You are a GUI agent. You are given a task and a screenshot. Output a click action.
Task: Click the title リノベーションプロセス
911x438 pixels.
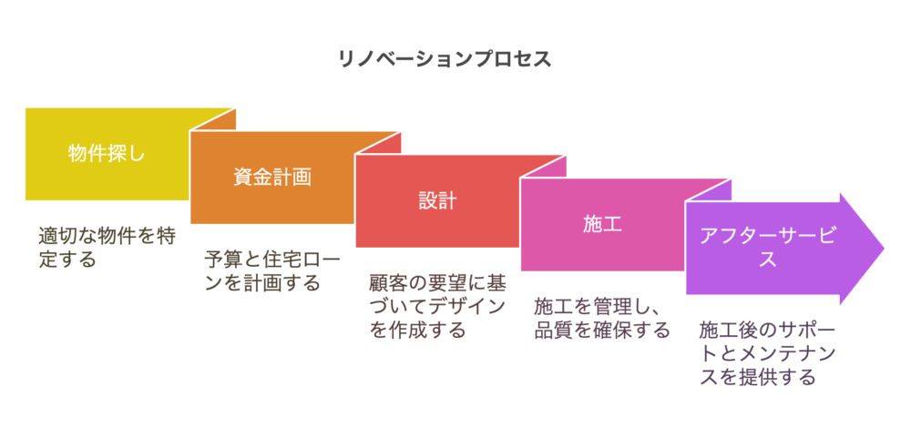click(445, 59)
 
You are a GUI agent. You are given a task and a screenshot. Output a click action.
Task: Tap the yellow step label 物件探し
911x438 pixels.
click(106, 153)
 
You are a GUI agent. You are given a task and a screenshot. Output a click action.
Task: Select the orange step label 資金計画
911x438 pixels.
click(271, 178)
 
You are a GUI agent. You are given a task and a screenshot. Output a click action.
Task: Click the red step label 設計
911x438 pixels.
click(437, 200)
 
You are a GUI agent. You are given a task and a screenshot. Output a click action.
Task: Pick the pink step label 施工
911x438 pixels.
click(602, 224)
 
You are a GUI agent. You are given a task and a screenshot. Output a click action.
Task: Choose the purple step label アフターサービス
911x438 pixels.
click(767, 247)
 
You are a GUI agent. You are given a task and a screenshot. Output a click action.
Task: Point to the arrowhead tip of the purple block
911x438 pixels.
click(885, 249)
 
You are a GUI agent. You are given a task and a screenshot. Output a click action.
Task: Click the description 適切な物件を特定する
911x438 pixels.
click(107, 248)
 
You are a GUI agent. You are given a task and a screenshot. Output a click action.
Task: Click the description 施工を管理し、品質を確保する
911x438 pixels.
click(602, 319)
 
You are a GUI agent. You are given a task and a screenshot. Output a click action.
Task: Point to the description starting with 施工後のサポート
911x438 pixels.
click(767, 353)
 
